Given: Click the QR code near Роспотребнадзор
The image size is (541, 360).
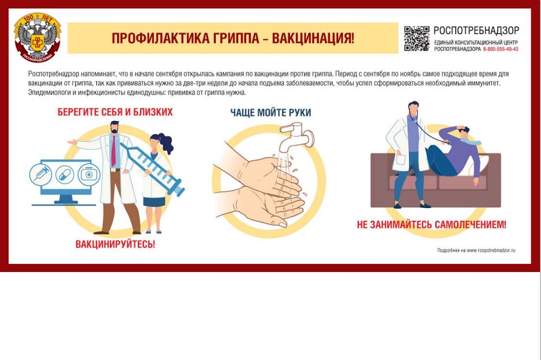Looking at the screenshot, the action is tap(417, 38).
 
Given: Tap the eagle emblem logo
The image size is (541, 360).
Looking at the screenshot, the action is tap(37, 38).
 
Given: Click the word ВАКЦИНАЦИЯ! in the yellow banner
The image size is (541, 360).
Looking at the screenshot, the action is tap(313, 38).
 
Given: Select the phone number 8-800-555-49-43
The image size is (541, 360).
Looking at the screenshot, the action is tap(500, 49).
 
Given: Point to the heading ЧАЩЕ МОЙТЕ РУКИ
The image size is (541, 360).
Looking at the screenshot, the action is tap(270, 112).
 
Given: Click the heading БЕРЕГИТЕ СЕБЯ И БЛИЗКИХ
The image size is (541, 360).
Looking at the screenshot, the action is tap(115, 112).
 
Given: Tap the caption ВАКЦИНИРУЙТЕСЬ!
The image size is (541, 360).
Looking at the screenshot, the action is tap(115, 244).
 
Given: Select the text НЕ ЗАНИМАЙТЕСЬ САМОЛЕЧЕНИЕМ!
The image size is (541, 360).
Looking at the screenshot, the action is tap(431, 224).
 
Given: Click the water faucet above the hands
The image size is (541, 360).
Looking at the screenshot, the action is tap(296, 137).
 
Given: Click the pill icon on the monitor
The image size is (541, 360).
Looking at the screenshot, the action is tap(65, 175).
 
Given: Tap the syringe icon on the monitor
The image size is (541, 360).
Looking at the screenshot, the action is tap(41, 174).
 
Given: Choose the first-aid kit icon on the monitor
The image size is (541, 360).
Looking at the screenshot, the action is tap(89, 175).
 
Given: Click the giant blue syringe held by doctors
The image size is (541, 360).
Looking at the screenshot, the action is tap(153, 169).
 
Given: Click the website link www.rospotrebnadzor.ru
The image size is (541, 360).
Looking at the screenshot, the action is tap(491, 250).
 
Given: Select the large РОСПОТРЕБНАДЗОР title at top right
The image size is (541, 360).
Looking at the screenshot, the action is tap(476, 31).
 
